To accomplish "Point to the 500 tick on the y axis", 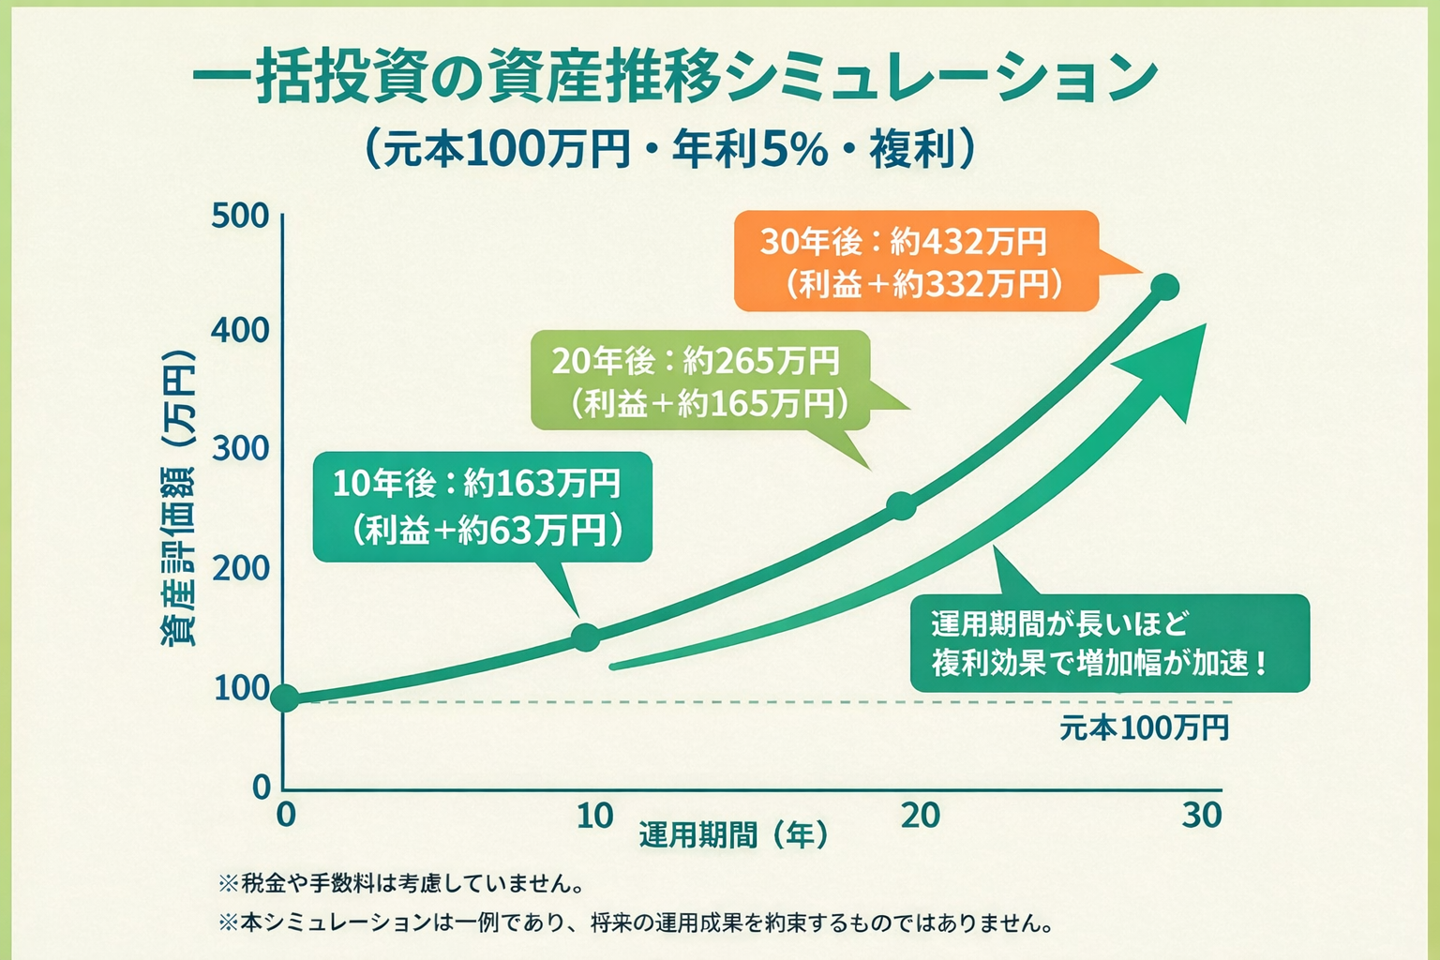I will point(240,216).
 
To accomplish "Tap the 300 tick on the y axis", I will point(240,448).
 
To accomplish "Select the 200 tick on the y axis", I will point(240,568).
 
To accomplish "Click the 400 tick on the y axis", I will point(240,330).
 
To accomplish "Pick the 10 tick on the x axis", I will point(594,817).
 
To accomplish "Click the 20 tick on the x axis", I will point(920,816).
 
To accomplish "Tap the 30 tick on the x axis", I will point(1202,816).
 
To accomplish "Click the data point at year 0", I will point(285,697).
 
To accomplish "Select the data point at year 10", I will point(586,637).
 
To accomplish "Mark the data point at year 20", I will point(901,506).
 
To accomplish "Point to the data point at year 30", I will point(1164,288).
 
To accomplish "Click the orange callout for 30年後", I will point(915,262).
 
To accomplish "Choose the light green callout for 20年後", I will point(699,381).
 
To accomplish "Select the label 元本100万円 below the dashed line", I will point(1144,727).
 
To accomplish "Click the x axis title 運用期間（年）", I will point(734,834).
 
